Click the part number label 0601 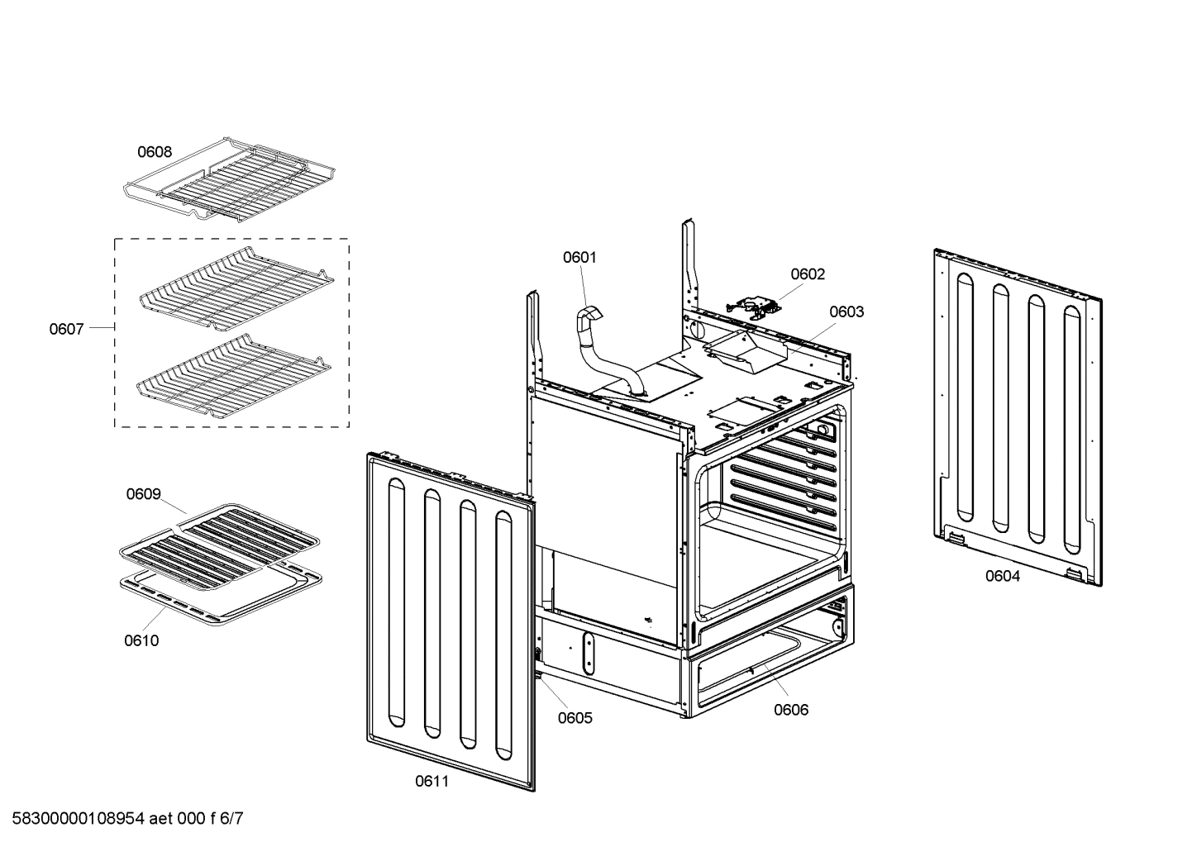tap(579, 257)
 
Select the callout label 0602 tap(807, 274)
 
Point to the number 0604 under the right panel tap(1002, 576)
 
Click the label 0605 tap(575, 717)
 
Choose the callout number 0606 tap(790, 709)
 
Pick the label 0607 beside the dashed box tap(66, 329)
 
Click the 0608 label tap(155, 152)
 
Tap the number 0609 tap(143, 494)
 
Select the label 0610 tap(141, 640)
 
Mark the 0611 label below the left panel tap(432, 781)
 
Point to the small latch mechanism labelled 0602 tap(752, 307)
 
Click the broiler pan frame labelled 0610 tap(219, 597)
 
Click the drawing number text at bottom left tap(122, 819)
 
